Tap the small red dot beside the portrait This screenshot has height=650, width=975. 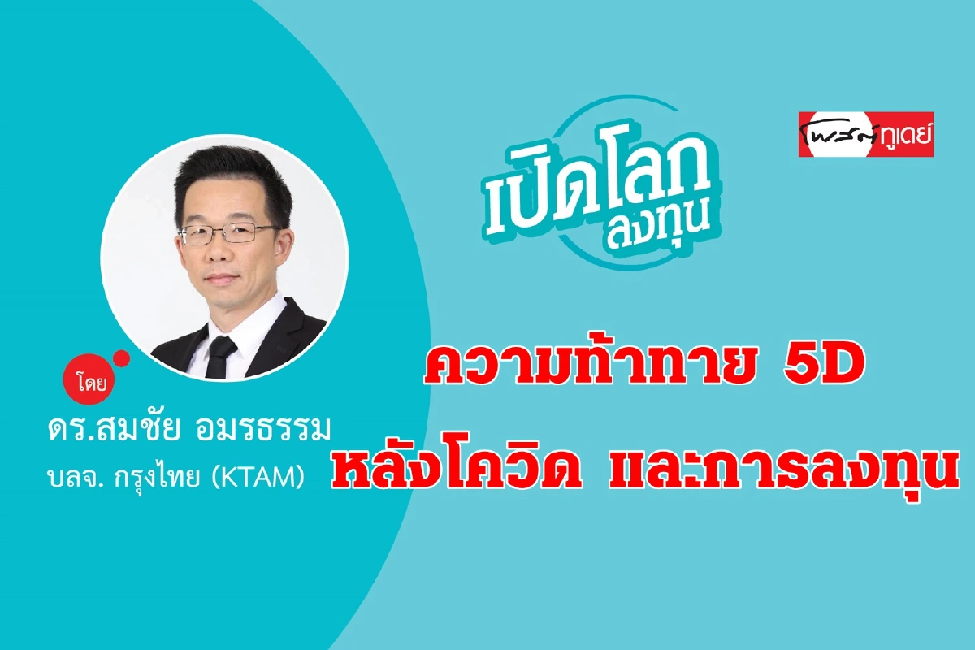(x=122, y=359)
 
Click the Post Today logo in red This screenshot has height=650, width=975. (x=866, y=135)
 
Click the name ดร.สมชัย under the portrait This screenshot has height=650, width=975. (x=114, y=428)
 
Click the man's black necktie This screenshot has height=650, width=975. (x=220, y=355)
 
